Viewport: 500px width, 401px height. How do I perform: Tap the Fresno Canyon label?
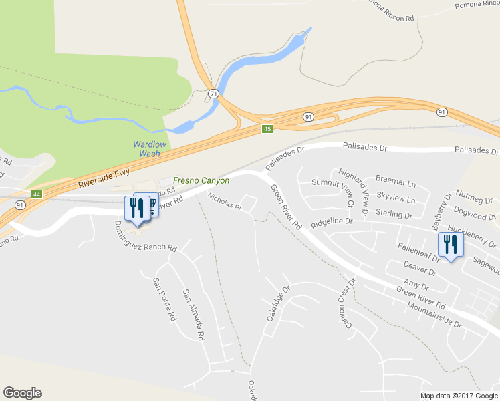(x=201, y=180)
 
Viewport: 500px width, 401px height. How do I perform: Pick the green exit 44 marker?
(x=37, y=194)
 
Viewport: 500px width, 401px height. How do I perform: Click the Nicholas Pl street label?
(x=223, y=201)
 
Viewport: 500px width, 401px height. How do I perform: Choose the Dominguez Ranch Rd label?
(x=146, y=237)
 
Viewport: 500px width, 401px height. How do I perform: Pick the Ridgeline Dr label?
(x=332, y=220)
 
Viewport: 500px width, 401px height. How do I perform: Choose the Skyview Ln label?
(x=396, y=199)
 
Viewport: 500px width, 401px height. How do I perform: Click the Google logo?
(x=22, y=393)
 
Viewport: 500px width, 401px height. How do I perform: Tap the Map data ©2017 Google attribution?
(x=459, y=396)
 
